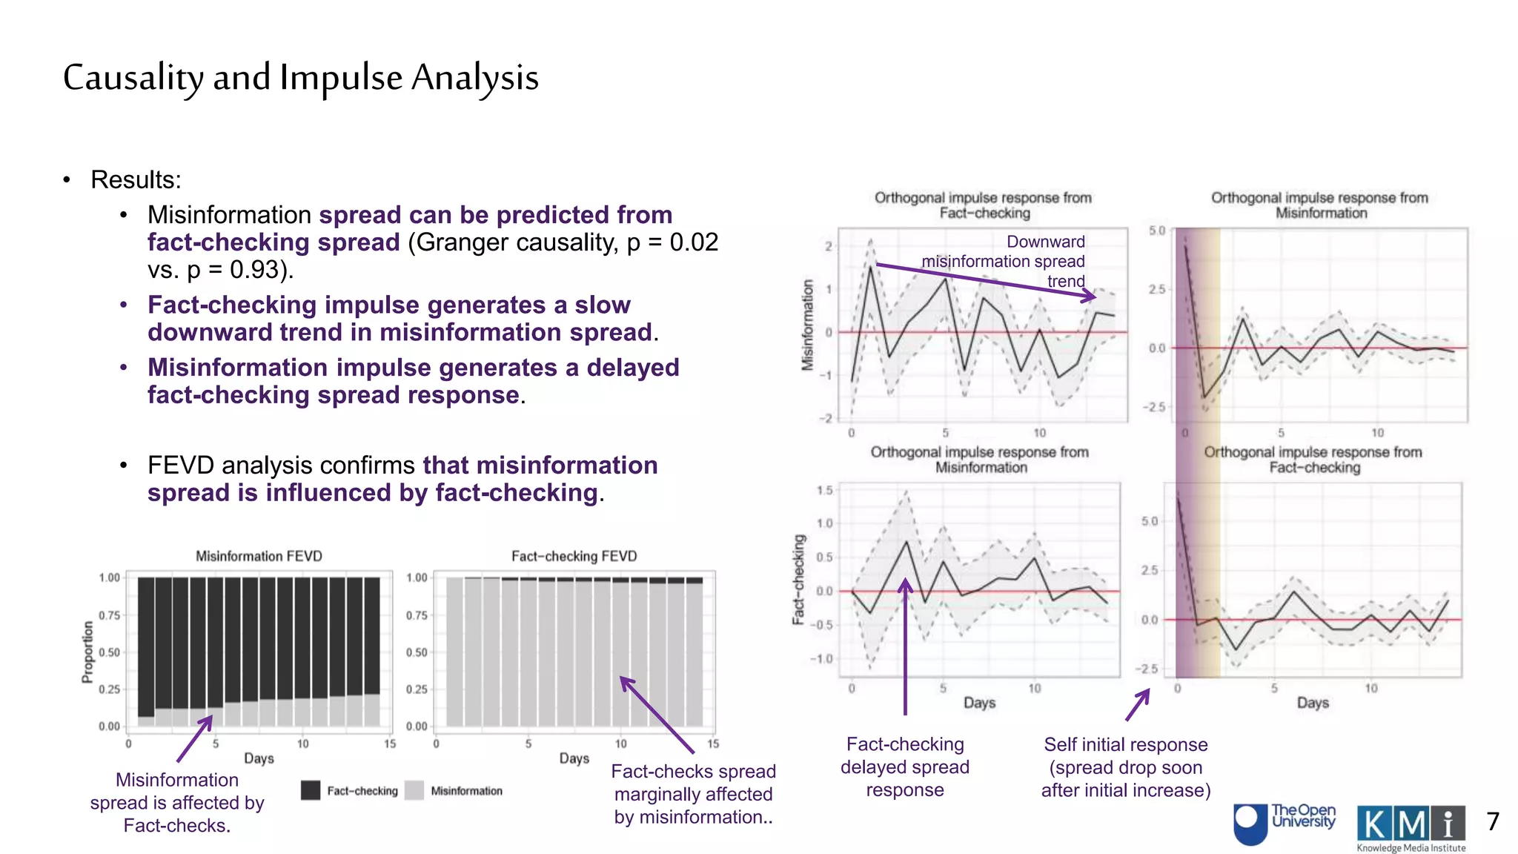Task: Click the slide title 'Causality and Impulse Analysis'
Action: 300,78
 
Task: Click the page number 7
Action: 1493,821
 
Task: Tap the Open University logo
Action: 1285,823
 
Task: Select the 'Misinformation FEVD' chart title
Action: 259,556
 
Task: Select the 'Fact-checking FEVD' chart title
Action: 574,556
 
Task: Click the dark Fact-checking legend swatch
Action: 311,790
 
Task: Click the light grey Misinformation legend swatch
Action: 415,790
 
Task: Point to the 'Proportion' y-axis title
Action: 88,652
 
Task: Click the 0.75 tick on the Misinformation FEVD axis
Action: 109,615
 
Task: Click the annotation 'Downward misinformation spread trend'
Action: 1023,261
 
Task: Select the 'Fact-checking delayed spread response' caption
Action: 904,767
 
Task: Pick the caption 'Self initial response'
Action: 1125,744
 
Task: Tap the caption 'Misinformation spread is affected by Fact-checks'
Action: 177,802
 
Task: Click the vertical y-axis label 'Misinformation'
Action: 807,325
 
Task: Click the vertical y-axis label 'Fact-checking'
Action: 799,580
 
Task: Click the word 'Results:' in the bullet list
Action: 136,179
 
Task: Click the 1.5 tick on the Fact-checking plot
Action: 824,490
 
